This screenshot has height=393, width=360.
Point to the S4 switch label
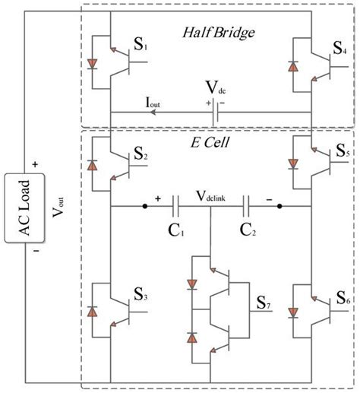tap(341, 55)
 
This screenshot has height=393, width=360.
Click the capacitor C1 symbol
tap(176, 206)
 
